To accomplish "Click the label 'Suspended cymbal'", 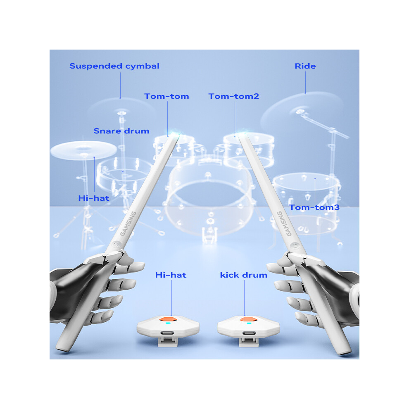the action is pos(114,66).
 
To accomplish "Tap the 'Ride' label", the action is pos(305,66).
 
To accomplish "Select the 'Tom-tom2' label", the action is pos(234,96).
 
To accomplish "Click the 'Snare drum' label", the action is pos(121,131).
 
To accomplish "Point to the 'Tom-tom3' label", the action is pos(314,207).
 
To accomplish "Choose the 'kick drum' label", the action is pos(244,275).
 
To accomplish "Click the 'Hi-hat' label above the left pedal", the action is pos(171,275).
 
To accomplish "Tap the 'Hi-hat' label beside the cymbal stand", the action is pos(94,198).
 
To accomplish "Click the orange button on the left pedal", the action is pos(168,319).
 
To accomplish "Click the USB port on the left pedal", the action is pos(167,333).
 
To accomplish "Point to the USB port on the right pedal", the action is pos(249,333).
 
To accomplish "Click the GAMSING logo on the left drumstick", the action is pos(128,223).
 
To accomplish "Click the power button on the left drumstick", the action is pos(116,245).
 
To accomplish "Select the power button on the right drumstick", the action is pos(295,245).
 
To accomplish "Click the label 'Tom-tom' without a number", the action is pos(166,96).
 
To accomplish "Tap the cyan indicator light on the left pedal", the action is pos(168,323).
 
